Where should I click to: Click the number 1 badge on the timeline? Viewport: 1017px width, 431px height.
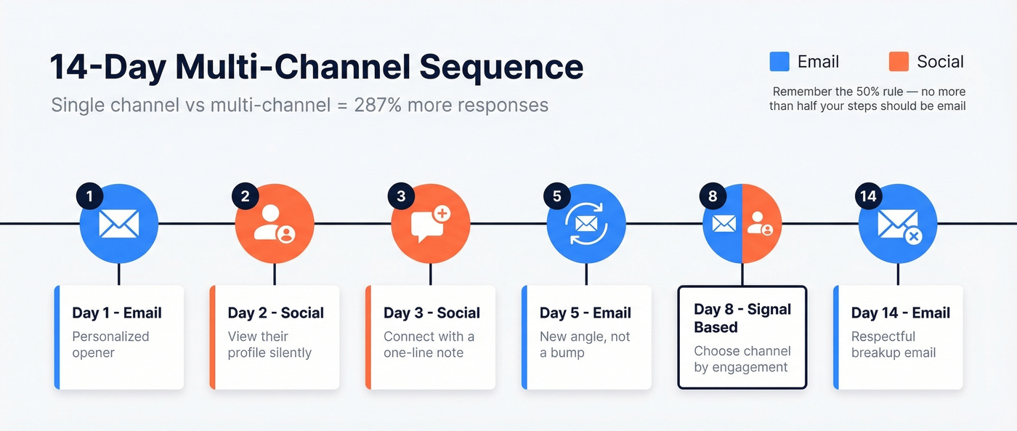(89, 196)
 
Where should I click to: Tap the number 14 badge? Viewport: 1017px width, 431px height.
(868, 196)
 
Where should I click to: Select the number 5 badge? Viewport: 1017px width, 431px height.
(556, 196)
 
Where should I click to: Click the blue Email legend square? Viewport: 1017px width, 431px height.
(779, 62)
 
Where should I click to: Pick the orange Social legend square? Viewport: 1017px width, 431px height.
(899, 62)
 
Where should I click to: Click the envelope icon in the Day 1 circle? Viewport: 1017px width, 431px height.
(118, 224)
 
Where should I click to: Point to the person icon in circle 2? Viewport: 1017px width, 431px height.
(274, 223)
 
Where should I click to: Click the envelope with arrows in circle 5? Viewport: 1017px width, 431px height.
(586, 224)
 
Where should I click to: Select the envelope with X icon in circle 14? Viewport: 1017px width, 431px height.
(899, 225)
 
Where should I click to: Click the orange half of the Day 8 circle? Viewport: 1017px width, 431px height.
(761, 224)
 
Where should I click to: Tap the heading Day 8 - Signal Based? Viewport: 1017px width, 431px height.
(742, 318)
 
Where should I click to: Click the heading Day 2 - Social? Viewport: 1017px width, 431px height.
(275, 313)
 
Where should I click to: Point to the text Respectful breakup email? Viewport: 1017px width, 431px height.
(893, 345)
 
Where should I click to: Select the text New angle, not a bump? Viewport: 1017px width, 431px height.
(585, 345)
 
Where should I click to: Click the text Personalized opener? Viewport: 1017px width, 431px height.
(110, 345)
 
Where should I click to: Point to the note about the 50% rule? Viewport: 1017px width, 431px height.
(868, 99)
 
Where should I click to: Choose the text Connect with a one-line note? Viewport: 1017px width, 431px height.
(429, 345)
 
